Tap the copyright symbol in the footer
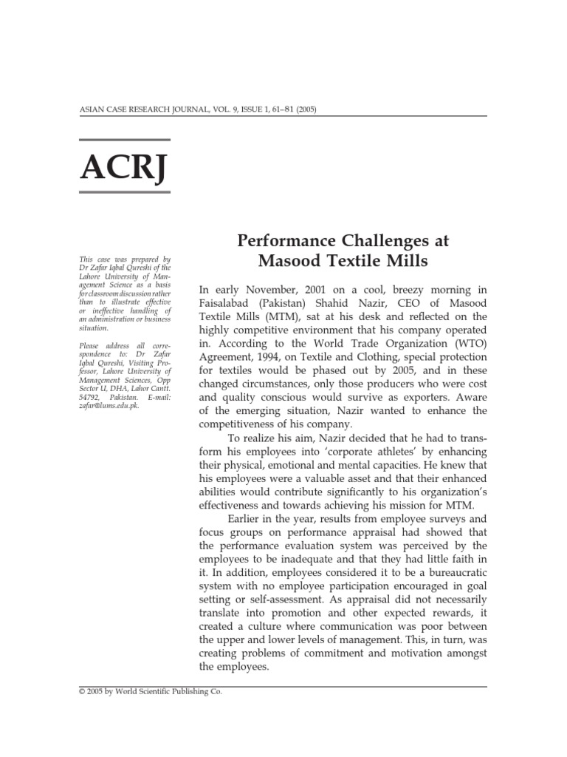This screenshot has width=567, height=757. pos(82,692)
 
